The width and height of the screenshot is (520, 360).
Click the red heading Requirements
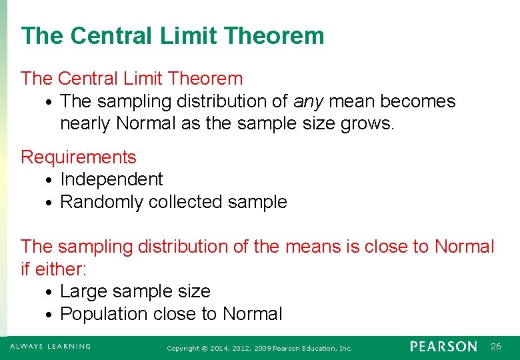pos(78,157)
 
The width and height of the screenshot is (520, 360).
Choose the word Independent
pos(111,179)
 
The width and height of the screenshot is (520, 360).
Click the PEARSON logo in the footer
pos(443,347)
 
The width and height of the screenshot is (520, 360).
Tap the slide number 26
pos(495,347)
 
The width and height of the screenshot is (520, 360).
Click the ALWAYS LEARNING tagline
pos(50,347)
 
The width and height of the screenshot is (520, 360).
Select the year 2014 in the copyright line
pos(214,348)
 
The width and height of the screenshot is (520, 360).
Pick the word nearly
pos(85,124)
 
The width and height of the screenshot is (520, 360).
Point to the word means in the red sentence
pos(313,247)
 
